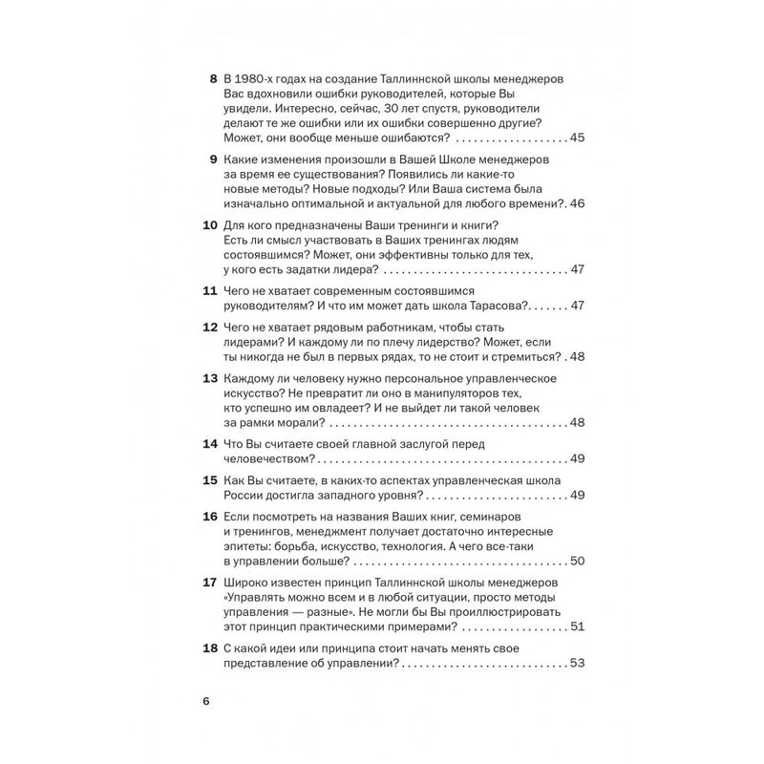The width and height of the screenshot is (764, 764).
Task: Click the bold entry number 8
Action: click(x=212, y=78)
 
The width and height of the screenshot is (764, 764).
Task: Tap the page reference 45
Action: click(x=576, y=138)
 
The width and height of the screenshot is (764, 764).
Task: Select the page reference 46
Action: click(x=576, y=203)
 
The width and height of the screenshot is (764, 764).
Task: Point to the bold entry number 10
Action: click(x=208, y=224)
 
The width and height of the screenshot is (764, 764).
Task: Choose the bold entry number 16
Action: click(x=208, y=517)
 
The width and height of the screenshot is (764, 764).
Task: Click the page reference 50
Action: click(x=576, y=561)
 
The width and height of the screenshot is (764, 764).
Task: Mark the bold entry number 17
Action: click(x=208, y=583)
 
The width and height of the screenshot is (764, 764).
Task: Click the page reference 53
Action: click(x=576, y=664)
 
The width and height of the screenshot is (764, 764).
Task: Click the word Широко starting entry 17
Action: click(x=244, y=583)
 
